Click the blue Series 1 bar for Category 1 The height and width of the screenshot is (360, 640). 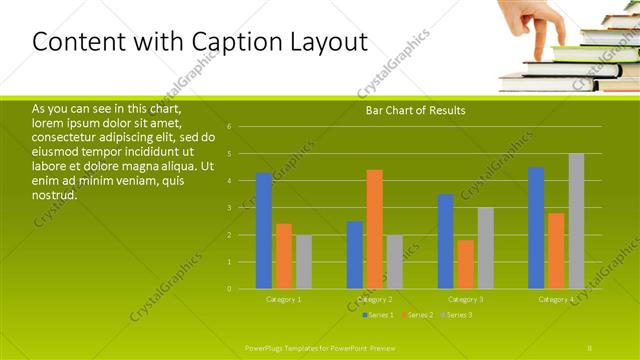coord(264,231)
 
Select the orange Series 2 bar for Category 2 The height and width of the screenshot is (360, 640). coord(375,229)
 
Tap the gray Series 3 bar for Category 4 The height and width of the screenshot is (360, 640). coord(576,221)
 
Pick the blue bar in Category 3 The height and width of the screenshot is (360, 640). coord(445,241)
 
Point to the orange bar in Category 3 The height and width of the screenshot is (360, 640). coord(465,264)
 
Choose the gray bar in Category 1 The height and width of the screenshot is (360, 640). coord(304,262)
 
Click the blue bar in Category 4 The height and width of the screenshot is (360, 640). coord(536,228)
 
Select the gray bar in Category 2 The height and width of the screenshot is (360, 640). coord(395,262)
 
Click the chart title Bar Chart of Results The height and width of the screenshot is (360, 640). coord(415,110)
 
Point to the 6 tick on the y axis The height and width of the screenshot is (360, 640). coord(230,127)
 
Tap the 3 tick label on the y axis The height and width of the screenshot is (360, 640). coord(230,208)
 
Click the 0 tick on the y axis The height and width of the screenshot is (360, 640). coord(230,289)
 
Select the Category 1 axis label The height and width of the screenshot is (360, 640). coord(283,299)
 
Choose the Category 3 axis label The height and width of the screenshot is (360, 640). coord(465,299)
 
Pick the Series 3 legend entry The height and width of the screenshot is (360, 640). coord(457,315)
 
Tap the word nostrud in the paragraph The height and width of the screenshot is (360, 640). coord(55,194)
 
